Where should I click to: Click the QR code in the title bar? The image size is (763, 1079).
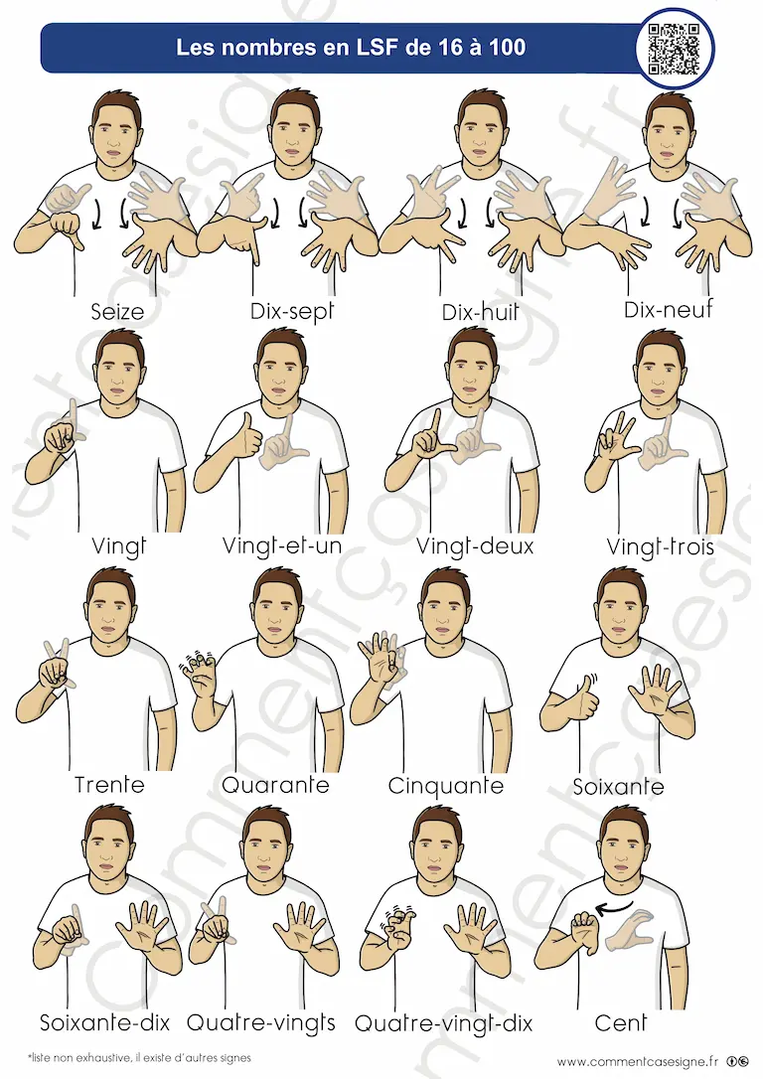tap(674, 49)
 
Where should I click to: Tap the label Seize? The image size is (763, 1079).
tap(117, 312)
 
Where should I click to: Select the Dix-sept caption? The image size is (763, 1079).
tap(292, 311)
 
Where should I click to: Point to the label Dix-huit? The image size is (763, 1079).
tap(480, 312)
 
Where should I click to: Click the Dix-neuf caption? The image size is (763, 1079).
tap(669, 310)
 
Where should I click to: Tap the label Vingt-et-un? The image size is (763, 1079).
tap(282, 546)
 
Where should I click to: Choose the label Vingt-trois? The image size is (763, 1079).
tap(661, 547)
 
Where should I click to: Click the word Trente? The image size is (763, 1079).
tap(109, 785)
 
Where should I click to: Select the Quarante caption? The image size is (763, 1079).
tap(275, 785)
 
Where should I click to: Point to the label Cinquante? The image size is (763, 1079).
tap(446, 785)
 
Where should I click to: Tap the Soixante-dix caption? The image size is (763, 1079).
tap(104, 1022)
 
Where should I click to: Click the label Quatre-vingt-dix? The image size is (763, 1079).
tap(444, 1024)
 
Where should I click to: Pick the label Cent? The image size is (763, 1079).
tap(621, 1023)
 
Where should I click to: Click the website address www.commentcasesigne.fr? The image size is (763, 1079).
tap(638, 1062)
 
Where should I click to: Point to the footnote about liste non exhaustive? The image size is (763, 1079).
tap(139, 1058)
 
